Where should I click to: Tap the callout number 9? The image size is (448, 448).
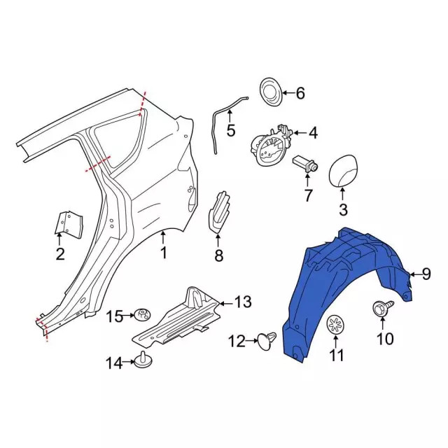tap(426, 274)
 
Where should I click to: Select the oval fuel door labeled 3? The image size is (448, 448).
tap(342, 171)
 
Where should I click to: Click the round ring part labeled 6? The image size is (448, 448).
tap(271, 92)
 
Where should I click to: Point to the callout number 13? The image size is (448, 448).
tap(243, 302)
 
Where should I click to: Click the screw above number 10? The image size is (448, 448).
tap(383, 308)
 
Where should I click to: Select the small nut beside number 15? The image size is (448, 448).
tap(143, 315)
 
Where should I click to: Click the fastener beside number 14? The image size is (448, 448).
tap(143, 360)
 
